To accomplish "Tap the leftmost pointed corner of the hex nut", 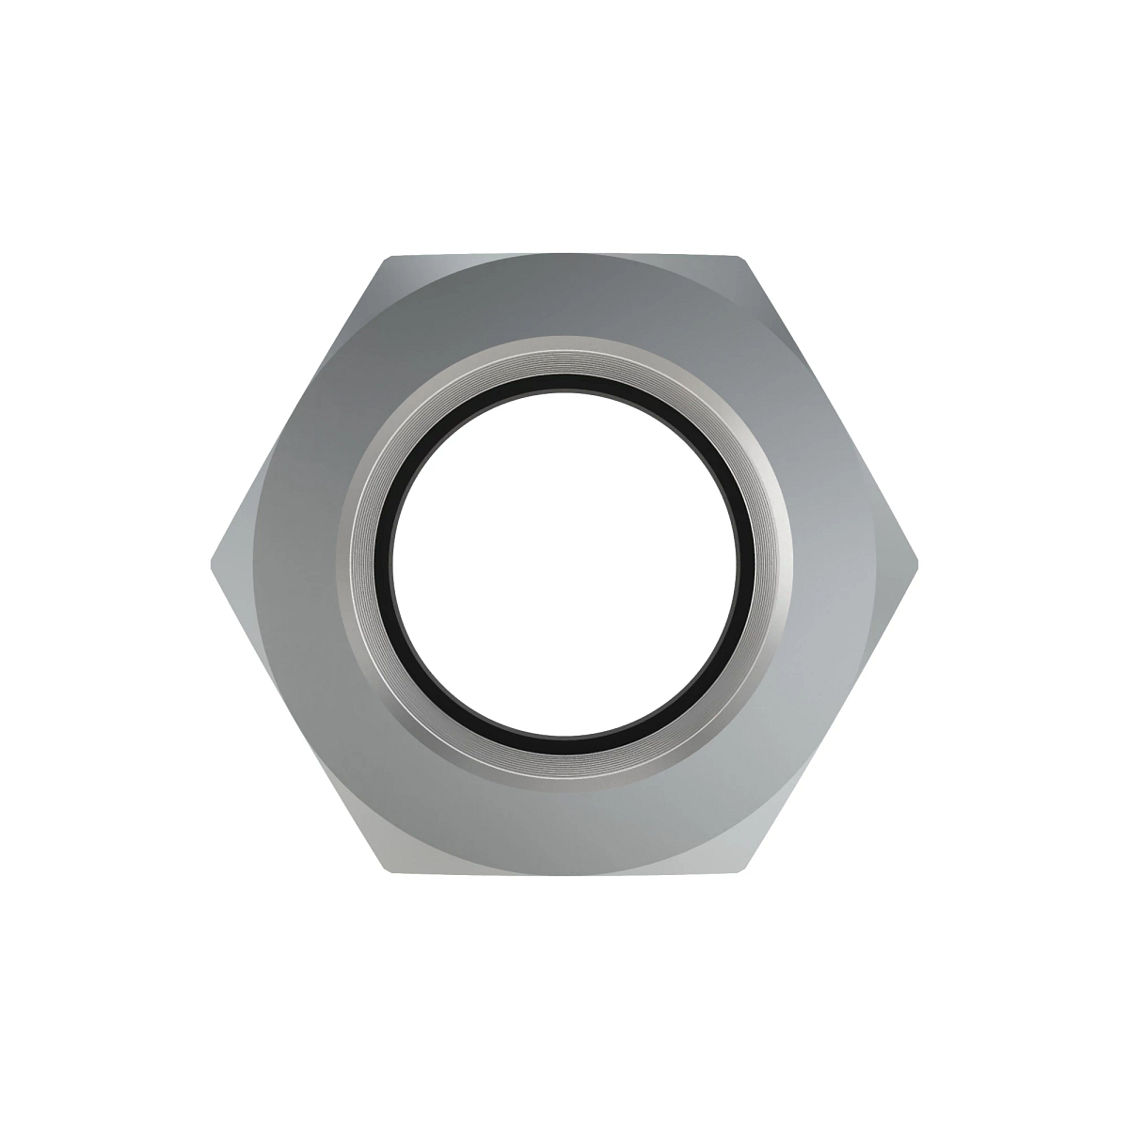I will tap(210, 564).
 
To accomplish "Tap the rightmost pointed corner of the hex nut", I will tap(918, 564).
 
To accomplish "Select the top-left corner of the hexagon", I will tap(387, 257).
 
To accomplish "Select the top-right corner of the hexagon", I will tap(741, 257).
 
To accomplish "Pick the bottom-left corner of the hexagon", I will tap(387, 870).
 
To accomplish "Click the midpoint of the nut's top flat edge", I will tap(564, 256).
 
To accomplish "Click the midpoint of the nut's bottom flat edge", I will tap(564, 871).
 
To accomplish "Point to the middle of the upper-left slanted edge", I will tap(298, 410).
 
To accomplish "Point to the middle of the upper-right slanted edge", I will tap(830, 410).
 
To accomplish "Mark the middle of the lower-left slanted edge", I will tap(298, 717).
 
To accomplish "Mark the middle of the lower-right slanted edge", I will tap(830, 717).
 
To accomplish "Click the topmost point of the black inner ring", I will tap(564, 375).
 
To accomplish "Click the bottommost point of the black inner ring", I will tap(564, 737).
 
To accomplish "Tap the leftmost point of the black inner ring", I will tap(380, 555).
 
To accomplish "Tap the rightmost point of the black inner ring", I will tap(748, 555).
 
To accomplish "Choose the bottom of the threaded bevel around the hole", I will tap(564, 760).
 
